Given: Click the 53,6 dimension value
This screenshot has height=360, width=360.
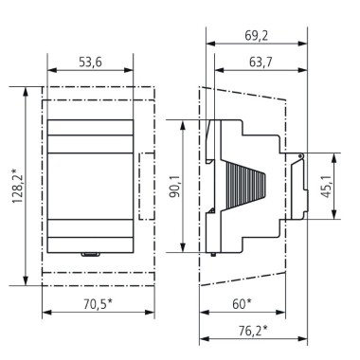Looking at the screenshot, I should click(90, 62).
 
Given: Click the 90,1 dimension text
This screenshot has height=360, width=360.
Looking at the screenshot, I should click(172, 187).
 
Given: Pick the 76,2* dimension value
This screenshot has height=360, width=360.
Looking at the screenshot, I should click(251, 330).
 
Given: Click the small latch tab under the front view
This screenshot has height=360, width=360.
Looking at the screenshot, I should click(90, 254).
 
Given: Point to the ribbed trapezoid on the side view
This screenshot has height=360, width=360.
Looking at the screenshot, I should click(247, 185).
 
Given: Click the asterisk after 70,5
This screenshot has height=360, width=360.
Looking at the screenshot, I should click(111, 300).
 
